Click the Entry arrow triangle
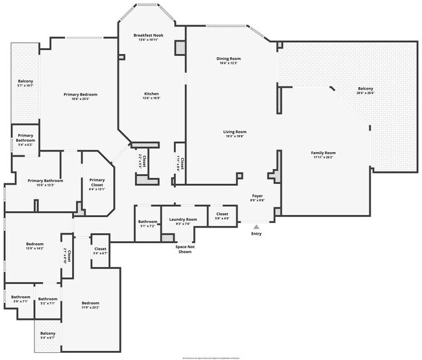point(256,226)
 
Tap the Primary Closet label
point(97,183)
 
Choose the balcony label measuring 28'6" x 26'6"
point(366,90)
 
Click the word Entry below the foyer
point(256,234)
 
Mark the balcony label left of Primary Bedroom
point(25,83)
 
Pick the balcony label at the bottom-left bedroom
point(48,335)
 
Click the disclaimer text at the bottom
point(210,357)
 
